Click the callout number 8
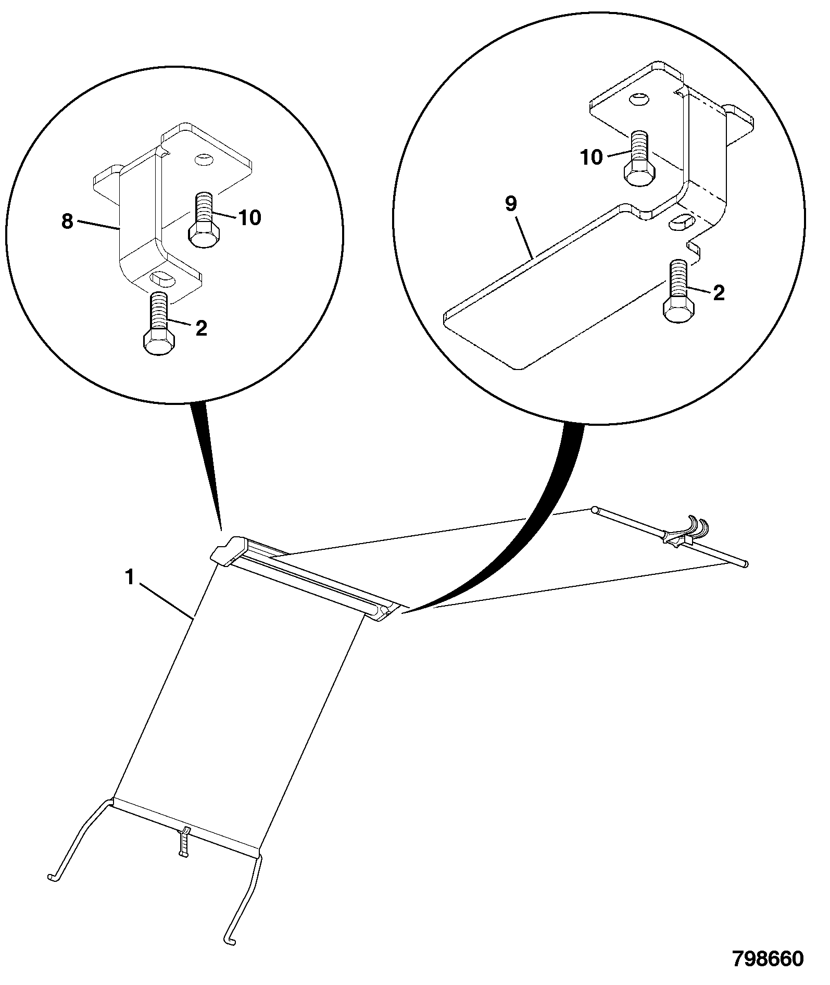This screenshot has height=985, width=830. coord(67,222)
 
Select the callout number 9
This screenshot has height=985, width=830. coord(511,204)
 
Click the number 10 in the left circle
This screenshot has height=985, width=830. coord(250,217)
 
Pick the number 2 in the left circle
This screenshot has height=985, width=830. coord(201,328)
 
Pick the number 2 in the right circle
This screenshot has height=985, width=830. coord(719,293)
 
